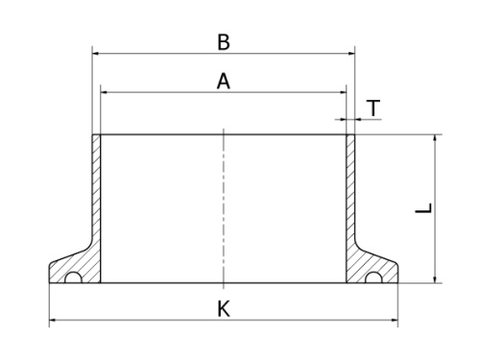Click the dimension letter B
pos(223,41)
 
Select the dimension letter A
pos(223,82)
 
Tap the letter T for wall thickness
pos(372,108)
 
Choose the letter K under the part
pos(223,309)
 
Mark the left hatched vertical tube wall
pos(96,192)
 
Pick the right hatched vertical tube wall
pos(350,192)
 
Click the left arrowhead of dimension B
pos(95,54)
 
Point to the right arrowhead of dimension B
pos(351,54)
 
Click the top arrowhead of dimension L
pos(436,138)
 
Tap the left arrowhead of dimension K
pos(53,320)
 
